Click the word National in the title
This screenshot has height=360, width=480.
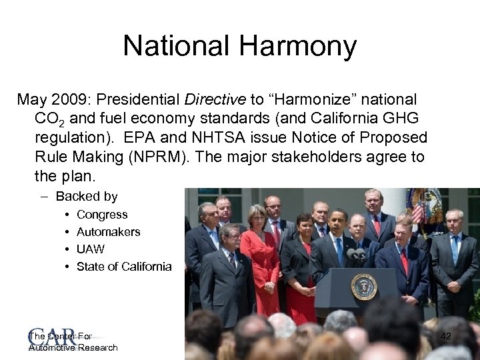(175, 47)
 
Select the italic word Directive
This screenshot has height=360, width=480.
(217, 100)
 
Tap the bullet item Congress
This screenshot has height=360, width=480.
(102, 215)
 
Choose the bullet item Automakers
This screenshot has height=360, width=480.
(109, 232)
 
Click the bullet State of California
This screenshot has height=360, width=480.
(124, 267)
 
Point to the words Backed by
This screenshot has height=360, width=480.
(87, 197)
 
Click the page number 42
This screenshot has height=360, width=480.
(446, 338)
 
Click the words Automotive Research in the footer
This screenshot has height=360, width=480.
(73, 347)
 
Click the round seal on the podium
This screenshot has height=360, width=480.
(364, 287)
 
